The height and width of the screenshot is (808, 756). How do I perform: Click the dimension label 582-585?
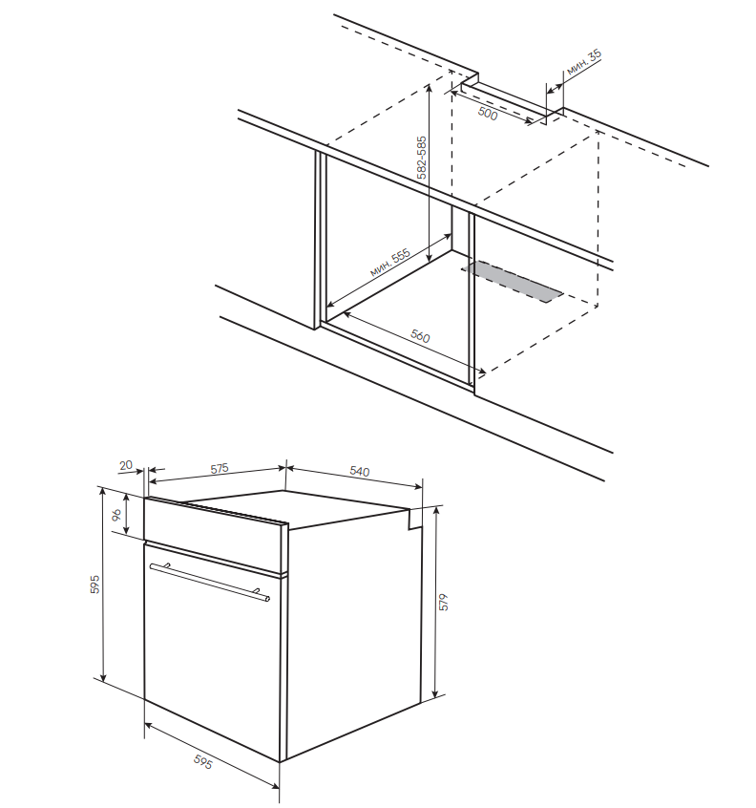422,158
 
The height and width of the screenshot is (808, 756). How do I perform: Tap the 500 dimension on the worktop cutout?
487,114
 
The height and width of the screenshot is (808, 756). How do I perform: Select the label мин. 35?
584,63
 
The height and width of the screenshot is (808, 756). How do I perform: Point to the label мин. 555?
390,263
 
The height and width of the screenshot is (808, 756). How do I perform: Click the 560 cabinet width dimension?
420,336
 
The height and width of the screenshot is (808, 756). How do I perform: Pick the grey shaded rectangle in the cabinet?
513,282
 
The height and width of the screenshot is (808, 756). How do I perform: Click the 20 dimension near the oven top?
126,465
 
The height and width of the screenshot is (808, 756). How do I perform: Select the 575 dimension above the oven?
220,468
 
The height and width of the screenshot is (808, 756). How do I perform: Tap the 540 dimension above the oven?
360,471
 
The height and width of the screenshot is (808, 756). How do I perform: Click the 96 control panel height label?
116,514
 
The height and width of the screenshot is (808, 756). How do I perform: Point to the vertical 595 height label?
94,585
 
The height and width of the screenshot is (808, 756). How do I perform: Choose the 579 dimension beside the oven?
444,603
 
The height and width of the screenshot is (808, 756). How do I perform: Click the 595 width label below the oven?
202,762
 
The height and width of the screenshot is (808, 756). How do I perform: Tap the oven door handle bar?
210,582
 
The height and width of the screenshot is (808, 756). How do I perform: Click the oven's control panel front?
216,536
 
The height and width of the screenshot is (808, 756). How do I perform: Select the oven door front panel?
212,650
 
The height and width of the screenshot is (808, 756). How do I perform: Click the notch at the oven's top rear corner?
415,519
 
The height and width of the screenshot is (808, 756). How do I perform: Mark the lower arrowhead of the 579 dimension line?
435,693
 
